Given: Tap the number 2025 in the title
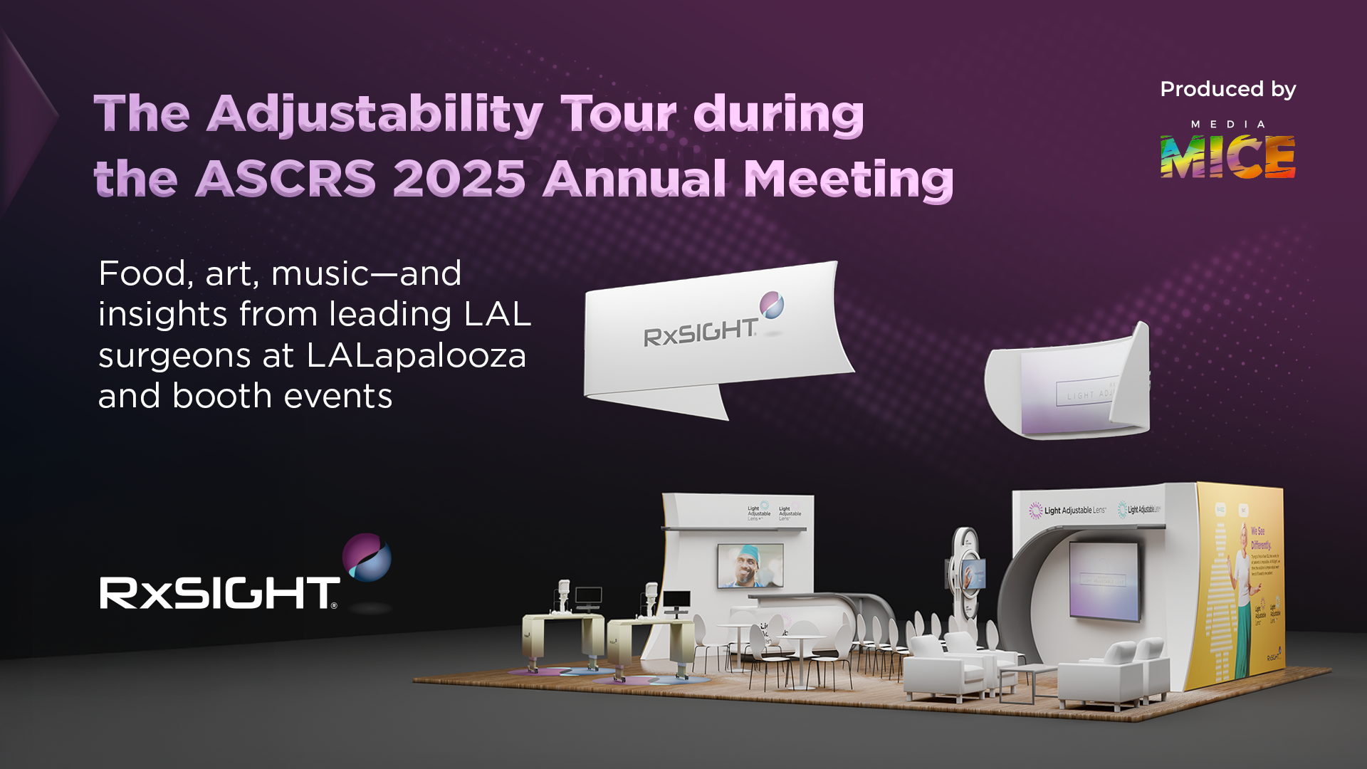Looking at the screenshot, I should pyautogui.click(x=459, y=178).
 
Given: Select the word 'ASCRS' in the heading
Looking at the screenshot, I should pyautogui.click(x=285, y=178).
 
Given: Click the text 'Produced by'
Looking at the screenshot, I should pyautogui.click(x=1227, y=89).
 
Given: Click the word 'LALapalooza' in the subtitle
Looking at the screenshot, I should pyautogui.click(x=417, y=355).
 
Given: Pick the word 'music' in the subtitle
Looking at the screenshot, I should pyautogui.click(x=320, y=274).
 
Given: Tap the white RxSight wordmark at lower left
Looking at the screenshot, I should pyautogui.click(x=219, y=593).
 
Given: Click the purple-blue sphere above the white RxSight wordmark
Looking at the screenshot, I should pyautogui.click(x=367, y=557).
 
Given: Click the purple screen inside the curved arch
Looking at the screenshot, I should pyautogui.click(x=1104, y=580).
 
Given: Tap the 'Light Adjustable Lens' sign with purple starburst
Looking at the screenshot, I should pyautogui.click(x=1068, y=510).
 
